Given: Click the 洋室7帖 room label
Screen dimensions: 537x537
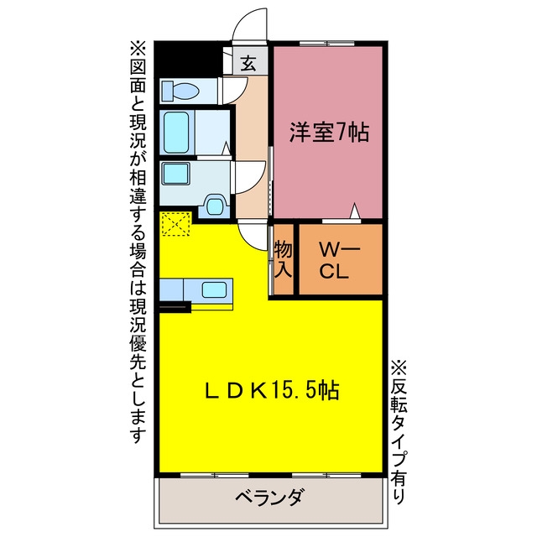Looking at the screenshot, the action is pyautogui.click(x=330, y=133).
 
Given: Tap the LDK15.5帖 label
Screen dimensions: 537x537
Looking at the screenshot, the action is pyautogui.click(x=272, y=390).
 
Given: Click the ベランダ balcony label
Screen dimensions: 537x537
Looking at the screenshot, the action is pyautogui.click(x=268, y=497).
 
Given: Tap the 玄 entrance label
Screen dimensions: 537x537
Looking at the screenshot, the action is pyautogui.click(x=248, y=63).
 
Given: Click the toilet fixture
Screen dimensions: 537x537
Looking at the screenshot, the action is pyautogui.click(x=180, y=91).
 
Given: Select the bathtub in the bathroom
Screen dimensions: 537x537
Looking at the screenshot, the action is pyautogui.click(x=176, y=133).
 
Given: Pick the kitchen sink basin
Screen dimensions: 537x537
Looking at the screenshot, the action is pyautogui.click(x=215, y=289).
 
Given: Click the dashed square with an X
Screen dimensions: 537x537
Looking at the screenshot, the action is pyautogui.click(x=175, y=224).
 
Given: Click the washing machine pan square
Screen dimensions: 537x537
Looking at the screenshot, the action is pyautogui.click(x=176, y=174).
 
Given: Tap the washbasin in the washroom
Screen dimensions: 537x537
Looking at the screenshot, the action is pyautogui.click(x=214, y=206).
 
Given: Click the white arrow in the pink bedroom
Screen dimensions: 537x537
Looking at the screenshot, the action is pyautogui.click(x=355, y=211).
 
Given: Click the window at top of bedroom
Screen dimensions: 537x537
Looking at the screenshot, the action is pyautogui.click(x=327, y=44).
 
